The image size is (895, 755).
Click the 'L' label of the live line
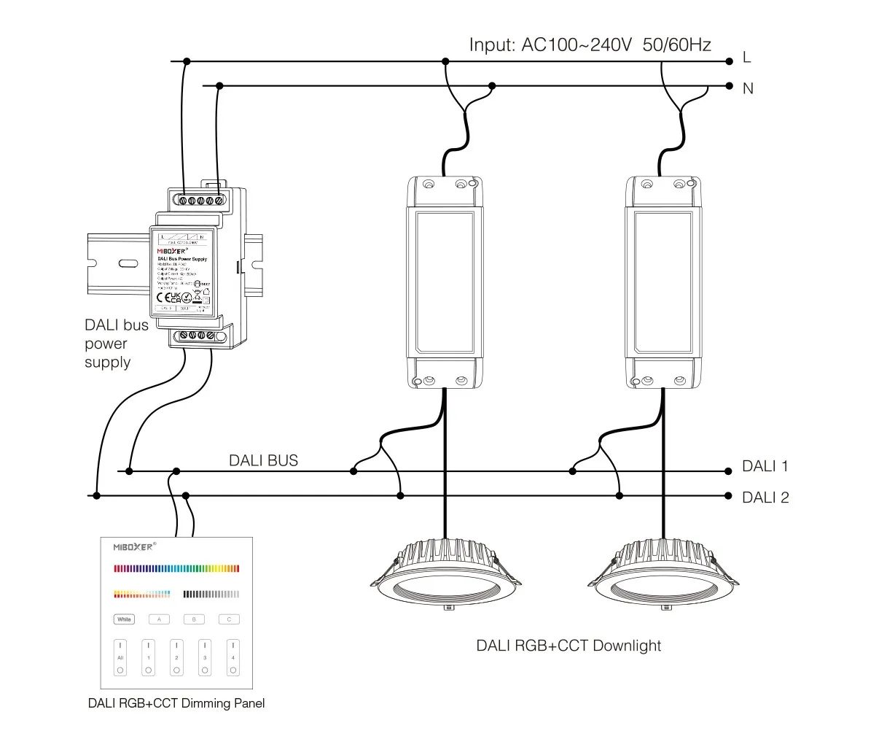point(746,58)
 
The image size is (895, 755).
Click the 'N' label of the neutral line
point(748,88)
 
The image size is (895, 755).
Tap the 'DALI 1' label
point(765,467)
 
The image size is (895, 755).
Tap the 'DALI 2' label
point(765,498)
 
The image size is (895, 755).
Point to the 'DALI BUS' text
point(263,460)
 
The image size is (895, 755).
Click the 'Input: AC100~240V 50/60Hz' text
point(590,45)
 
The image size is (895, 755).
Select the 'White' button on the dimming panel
point(125,619)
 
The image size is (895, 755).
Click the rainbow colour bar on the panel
point(177,569)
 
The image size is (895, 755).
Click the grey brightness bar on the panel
point(211,594)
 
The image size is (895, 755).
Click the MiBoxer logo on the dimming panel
point(134,546)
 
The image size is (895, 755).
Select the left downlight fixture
point(444,570)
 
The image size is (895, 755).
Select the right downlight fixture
point(663,570)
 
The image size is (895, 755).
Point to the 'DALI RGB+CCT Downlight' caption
point(568,646)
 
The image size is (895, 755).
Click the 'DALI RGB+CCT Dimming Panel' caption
point(176,704)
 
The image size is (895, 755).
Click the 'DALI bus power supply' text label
point(117,344)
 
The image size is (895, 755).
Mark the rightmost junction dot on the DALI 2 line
point(728,496)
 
